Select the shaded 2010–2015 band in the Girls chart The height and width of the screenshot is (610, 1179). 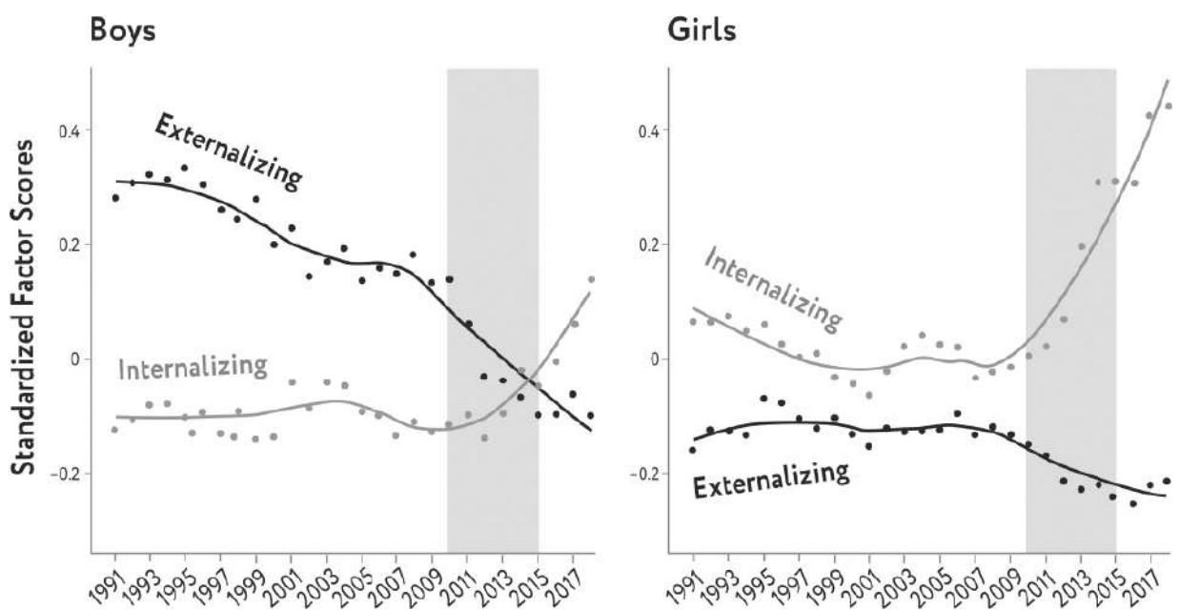pos(1070,191)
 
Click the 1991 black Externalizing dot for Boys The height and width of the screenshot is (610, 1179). pos(115,198)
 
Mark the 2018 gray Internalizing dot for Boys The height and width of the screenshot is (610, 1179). pos(591,279)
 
